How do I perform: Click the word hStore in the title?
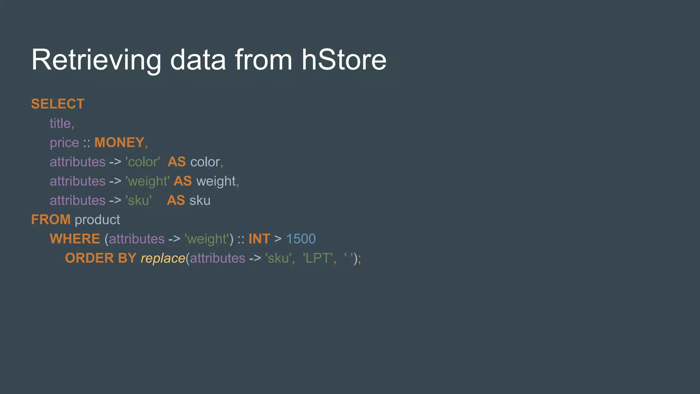(344, 60)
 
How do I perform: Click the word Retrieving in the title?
(96, 60)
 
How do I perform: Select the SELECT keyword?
(58, 104)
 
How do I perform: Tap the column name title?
(60, 123)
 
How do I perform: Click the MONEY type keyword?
(119, 143)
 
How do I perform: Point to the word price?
(64, 143)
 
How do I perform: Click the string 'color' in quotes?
(143, 162)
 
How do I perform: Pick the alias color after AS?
(205, 162)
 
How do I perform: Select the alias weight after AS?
(216, 181)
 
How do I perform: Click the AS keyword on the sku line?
(176, 200)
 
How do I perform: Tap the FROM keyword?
(51, 220)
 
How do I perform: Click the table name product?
(97, 220)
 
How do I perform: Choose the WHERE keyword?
(75, 239)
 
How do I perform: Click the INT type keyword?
(259, 239)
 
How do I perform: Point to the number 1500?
(301, 239)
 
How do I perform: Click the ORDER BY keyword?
(101, 258)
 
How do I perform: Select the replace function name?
(163, 258)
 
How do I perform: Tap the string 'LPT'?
(318, 258)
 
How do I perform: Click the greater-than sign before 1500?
(278, 239)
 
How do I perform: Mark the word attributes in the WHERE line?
(137, 239)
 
